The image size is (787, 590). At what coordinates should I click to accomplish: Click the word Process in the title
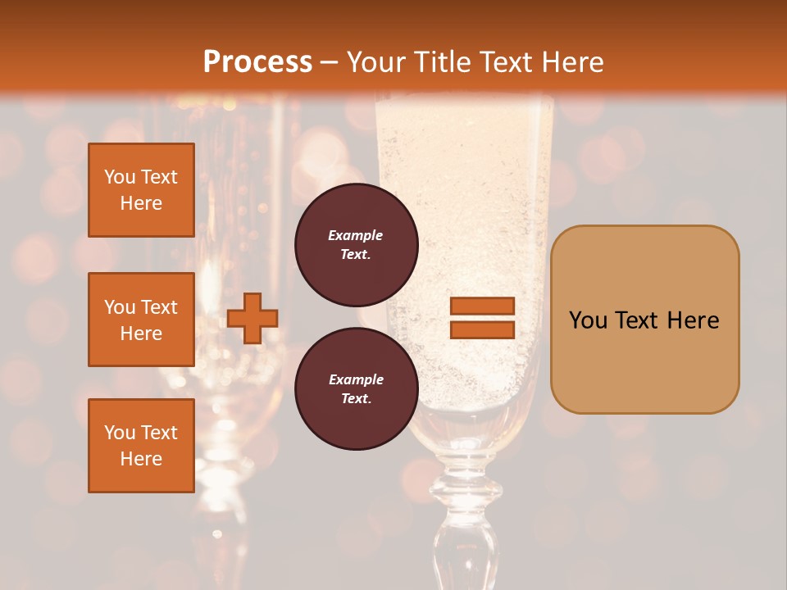pyautogui.click(x=257, y=62)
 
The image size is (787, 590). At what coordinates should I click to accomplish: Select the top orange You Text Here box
pyautogui.click(x=141, y=190)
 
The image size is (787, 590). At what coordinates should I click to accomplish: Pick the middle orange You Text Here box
pyautogui.click(x=141, y=320)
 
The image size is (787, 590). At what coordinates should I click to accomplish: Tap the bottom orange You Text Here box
pyautogui.click(x=141, y=446)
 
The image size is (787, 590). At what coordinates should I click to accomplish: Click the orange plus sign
pyautogui.click(x=252, y=318)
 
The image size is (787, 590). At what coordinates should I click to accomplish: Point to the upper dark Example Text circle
pyautogui.click(x=356, y=244)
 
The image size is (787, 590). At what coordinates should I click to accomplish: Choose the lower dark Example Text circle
pyautogui.click(x=356, y=388)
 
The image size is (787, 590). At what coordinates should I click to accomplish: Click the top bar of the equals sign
pyautogui.click(x=482, y=306)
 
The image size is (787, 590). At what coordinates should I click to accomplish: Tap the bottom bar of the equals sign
pyautogui.click(x=482, y=329)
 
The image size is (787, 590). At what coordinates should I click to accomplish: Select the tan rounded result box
pyautogui.click(x=644, y=320)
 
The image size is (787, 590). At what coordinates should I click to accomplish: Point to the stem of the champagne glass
pyautogui.click(x=457, y=524)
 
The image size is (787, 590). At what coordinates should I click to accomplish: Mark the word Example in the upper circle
pyautogui.click(x=356, y=235)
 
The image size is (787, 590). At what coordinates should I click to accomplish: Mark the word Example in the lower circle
pyautogui.click(x=356, y=379)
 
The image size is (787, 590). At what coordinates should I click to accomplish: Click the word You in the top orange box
pyautogui.click(x=119, y=177)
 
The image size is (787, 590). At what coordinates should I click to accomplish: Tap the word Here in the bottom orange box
pyautogui.click(x=141, y=459)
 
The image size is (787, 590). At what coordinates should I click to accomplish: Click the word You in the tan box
pyautogui.click(x=588, y=320)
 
